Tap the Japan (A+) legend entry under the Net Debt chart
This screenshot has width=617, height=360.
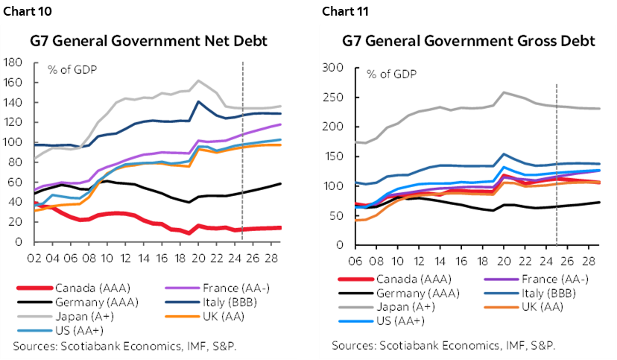point(80,315)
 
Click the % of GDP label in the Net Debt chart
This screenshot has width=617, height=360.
point(73,70)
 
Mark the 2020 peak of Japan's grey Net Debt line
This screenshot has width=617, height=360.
point(198,80)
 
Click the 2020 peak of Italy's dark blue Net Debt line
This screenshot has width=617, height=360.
point(198,101)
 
